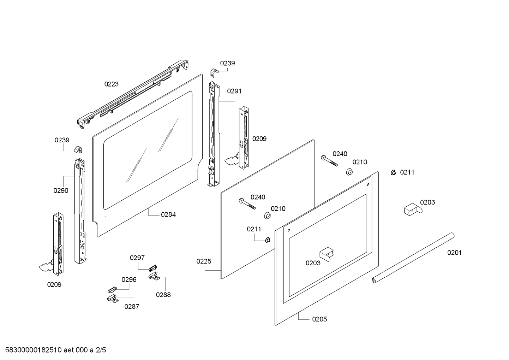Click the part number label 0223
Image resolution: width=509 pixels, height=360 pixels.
111,84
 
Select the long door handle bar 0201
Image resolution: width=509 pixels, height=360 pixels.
413,258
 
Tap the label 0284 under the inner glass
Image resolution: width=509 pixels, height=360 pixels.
168,214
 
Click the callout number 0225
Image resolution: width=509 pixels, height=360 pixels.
204,261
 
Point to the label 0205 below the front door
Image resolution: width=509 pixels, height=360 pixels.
319,319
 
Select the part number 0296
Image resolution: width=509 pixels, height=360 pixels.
129,279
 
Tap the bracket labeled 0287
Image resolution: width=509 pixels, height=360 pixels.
112,299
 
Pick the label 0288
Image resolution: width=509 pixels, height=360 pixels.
163,295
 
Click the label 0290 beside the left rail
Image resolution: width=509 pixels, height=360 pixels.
61,190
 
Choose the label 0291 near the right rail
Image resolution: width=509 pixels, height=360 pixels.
234,91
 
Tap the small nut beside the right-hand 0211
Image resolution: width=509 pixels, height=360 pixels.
393,173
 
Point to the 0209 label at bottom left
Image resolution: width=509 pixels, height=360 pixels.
54,284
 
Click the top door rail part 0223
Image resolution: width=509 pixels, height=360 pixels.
134,93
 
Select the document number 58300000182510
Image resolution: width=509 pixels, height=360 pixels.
31,350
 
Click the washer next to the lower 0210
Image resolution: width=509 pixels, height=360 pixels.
267,216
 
